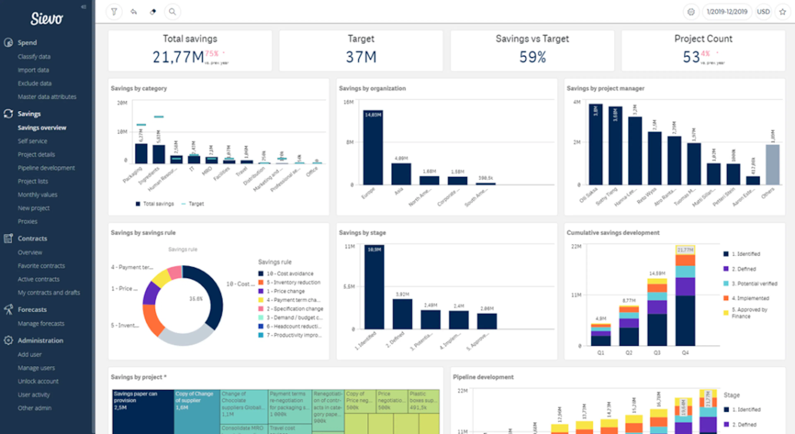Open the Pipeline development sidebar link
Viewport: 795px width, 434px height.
[x=46, y=168]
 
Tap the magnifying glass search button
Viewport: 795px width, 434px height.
[x=172, y=12]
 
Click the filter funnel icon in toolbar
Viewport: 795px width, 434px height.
[x=114, y=12]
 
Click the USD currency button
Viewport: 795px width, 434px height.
[x=763, y=12]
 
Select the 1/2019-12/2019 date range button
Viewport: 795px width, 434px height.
[x=727, y=12]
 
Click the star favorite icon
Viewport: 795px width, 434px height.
[x=782, y=12]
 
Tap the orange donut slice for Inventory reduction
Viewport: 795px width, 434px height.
[x=152, y=320]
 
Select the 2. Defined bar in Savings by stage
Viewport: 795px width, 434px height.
[x=402, y=314]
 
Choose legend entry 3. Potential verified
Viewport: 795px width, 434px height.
[x=754, y=283]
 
